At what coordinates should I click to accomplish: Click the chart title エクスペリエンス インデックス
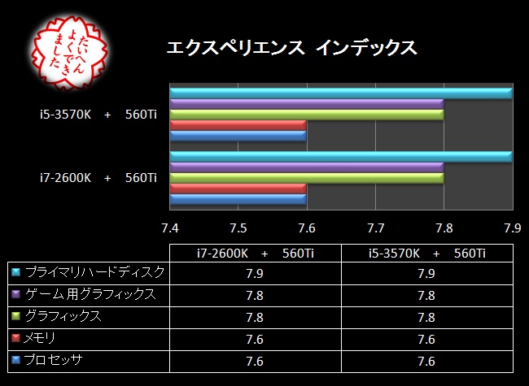coord(291,48)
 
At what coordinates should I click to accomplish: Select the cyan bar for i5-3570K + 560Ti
coord(341,93)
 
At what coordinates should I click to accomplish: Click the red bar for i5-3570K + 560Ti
coord(238,125)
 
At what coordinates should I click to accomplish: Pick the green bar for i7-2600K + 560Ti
coord(307,177)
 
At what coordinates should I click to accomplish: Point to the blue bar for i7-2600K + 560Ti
coord(238,198)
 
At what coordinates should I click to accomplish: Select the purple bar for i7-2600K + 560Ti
coord(307,167)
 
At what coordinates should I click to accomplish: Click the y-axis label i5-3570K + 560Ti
coord(97,115)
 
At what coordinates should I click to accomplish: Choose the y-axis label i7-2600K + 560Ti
coord(97,177)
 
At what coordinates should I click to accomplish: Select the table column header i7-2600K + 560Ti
coord(255,253)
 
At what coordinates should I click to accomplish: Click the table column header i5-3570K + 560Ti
coord(426,253)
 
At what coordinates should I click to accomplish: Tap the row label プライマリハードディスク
coord(94,271)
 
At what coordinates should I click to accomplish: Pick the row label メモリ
coord(41,337)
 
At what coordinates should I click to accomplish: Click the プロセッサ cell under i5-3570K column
coord(426,360)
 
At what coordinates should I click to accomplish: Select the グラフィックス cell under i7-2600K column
coord(255,316)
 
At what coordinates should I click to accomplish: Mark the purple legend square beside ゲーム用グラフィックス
coord(15,294)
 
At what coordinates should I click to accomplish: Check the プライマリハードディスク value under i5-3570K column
coord(426,272)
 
